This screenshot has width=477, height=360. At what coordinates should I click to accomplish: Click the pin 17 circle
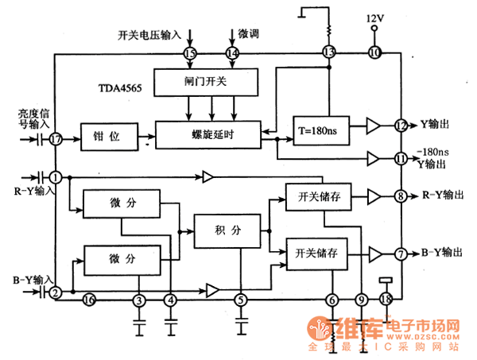click(x=55, y=138)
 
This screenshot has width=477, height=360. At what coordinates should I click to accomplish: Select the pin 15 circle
click(x=189, y=53)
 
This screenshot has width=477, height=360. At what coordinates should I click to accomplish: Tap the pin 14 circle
click(x=232, y=53)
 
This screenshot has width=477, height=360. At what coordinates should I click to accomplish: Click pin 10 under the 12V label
click(x=374, y=53)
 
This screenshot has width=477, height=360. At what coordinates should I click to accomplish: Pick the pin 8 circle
click(x=401, y=195)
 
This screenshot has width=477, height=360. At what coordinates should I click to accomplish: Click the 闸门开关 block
click(x=206, y=79)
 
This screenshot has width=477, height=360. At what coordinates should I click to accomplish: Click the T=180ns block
click(x=321, y=130)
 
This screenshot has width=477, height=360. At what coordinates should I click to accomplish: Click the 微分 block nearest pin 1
click(x=122, y=203)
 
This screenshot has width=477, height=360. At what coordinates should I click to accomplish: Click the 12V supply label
click(x=374, y=17)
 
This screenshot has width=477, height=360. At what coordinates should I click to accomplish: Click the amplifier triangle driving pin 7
click(x=374, y=254)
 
